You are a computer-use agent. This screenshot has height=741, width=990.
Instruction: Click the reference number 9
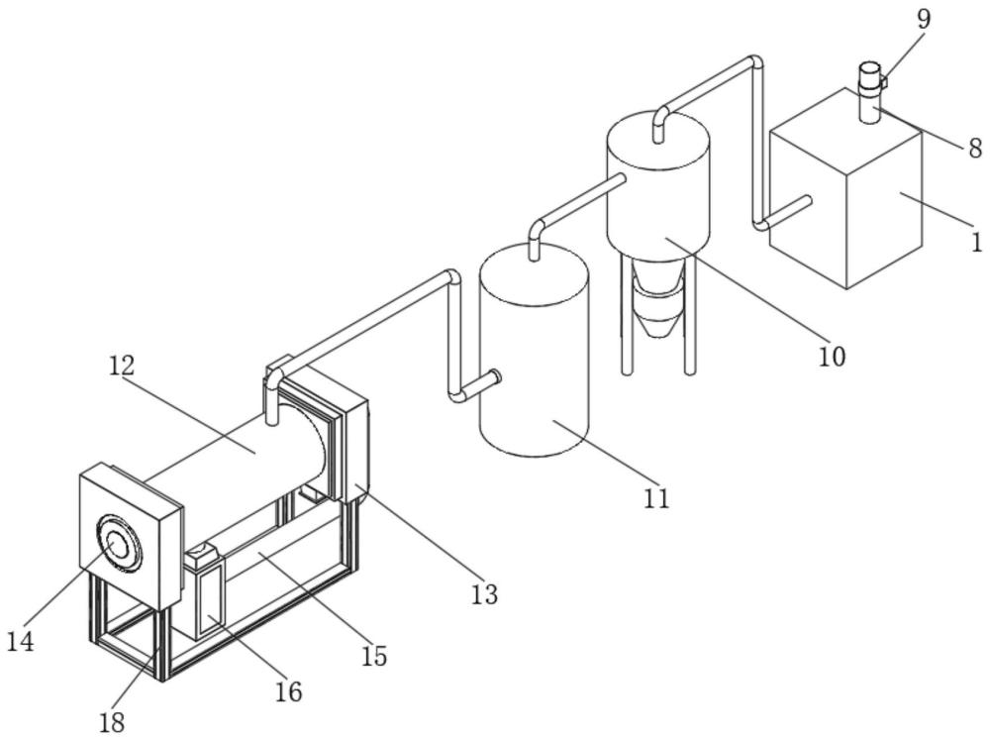pos(923,20)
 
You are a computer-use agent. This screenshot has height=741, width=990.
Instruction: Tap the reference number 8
pos(975,149)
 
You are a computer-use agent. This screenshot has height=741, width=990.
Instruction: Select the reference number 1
pos(977,243)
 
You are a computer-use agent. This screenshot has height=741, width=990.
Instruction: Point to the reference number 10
pos(832,357)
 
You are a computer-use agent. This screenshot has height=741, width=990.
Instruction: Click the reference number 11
pos(656,498)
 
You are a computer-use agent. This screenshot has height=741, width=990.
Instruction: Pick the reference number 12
pos(121,366)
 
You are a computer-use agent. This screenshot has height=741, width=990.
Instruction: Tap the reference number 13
pos(484,594)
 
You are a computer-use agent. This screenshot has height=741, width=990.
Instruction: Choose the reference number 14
pos(21,642)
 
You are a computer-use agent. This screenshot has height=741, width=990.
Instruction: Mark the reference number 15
pos(374,657)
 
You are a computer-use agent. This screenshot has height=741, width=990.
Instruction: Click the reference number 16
pos(288,692)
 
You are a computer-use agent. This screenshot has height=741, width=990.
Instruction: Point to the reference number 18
pos(112,721)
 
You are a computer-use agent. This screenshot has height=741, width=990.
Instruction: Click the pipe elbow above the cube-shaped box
pos(754,63)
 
